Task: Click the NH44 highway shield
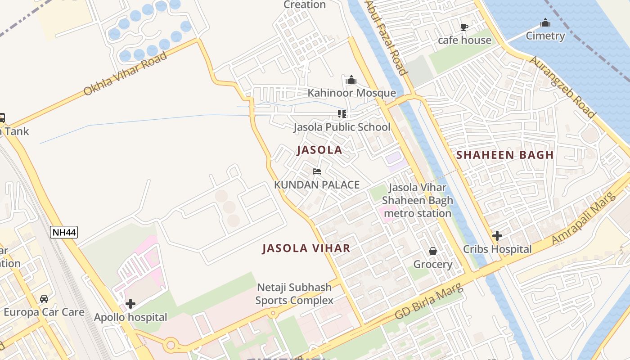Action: coord(63,232)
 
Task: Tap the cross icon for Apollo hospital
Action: coord(130,304)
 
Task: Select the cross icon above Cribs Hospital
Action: coord(497,235)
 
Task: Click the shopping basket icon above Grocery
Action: coord(433,251)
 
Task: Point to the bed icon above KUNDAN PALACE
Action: coord(317,171)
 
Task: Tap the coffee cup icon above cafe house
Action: coord(464,27)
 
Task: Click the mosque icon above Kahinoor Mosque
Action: coord(351,80)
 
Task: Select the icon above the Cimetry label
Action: coord(545,22)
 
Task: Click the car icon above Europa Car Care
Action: coord(44,299)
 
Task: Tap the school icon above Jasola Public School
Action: coord(342,114)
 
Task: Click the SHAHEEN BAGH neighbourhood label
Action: coord(504,155)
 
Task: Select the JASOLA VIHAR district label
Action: coord(306,248)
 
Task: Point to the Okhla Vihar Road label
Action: coord(125,73)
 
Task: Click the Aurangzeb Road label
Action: coord(562,87)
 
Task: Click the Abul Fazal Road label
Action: coord(387,37)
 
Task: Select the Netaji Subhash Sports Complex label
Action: coord(294,294)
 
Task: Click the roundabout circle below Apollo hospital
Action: coord(171,346)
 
